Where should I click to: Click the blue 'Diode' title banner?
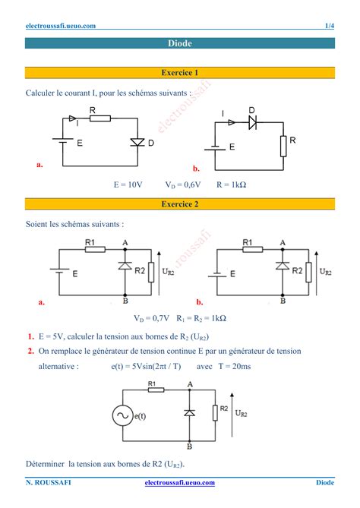click(x=180, y=43)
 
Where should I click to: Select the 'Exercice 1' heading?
click(x=180, y=73)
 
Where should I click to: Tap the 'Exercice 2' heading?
click(x=180, y=204)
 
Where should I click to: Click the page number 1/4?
click(x=329, y=26)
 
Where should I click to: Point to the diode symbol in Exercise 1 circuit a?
click(x=137, y=142)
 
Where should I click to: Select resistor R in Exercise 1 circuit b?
click(x=283, y=145)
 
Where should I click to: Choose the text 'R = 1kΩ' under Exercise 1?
click(x=234, y=185)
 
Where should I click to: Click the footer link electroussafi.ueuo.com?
click(x=180, y=483)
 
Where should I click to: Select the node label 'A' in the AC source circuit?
click(x=189, y=384)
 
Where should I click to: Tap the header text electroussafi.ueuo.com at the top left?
click(x=61, y=26)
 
